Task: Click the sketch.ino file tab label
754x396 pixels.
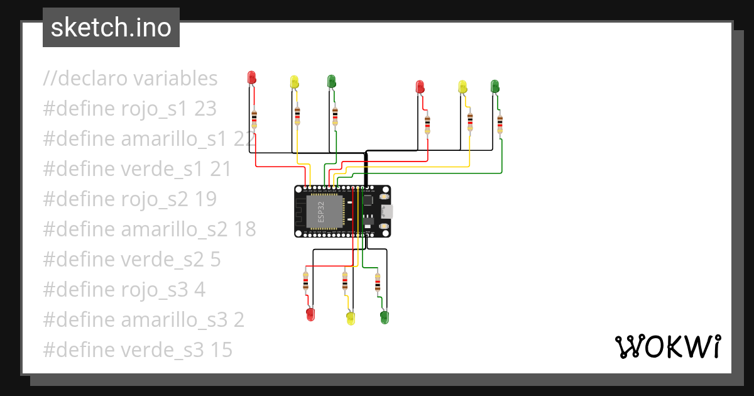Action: [111, 28]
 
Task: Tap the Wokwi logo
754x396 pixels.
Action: [667, 346]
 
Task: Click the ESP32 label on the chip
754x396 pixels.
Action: [321, 212]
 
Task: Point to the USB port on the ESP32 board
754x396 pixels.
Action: [385, 212]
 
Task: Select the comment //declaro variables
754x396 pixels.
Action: [131, 79]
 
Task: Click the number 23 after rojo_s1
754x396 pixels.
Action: [205, 109]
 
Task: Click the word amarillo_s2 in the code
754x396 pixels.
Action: [174, 229]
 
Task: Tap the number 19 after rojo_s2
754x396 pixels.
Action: [205, 199]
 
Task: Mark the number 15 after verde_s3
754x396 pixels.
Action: [221, 350]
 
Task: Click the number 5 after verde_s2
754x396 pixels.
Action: [215, 260]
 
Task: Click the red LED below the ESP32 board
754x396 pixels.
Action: [310, 314]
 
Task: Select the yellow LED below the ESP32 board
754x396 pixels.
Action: [351, 318]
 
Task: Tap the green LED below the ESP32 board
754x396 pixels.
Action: [385, 317]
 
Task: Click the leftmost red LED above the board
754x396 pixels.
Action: [252, 77]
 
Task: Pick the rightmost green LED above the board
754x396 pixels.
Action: [494, 86]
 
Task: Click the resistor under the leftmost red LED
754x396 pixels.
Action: [254, 118]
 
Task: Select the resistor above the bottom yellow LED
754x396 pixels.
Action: [345, 280]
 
